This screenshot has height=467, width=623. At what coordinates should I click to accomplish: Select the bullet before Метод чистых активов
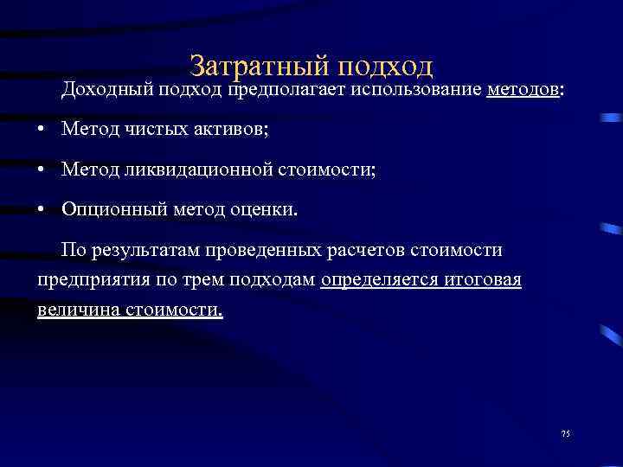[x=42, y=129]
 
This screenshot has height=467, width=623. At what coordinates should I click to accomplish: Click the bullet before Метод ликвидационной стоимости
[x=42, y=169]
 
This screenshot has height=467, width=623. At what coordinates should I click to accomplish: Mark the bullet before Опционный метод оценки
[x=42, y=208]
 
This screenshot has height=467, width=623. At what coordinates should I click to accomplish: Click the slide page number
[x=567, y=433]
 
